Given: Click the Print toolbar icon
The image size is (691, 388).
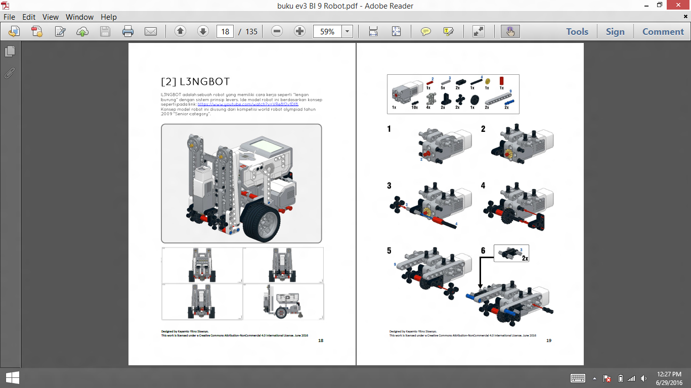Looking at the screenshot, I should (x=128, y=31).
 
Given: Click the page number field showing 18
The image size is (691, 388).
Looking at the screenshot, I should (x=225, y=31).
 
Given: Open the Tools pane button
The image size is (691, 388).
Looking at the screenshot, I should (x=577, y=31).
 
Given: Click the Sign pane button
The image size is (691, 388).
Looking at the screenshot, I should (x=615, y=31).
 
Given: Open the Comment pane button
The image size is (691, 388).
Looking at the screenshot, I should (x=663, y=31).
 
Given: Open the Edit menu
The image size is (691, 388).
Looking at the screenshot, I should (x=28, y=17).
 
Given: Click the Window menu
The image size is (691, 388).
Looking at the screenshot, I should (x=80, y=17).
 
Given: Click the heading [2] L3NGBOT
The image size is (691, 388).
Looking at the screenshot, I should (x=195, y=82).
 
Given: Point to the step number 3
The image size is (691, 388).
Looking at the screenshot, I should (x=389, y=185).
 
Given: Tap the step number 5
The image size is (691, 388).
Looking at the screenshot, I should (x=389, y=250).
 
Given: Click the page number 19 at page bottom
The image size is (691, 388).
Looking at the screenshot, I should (x=549, y=341).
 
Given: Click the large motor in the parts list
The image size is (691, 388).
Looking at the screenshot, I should (x=406, y=91).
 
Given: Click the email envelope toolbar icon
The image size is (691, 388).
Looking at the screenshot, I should (x=151, y=31).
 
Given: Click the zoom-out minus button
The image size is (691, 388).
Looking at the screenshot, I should (x=277, y=31).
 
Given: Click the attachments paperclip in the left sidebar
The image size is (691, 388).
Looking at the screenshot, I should (x=10, y=73).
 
